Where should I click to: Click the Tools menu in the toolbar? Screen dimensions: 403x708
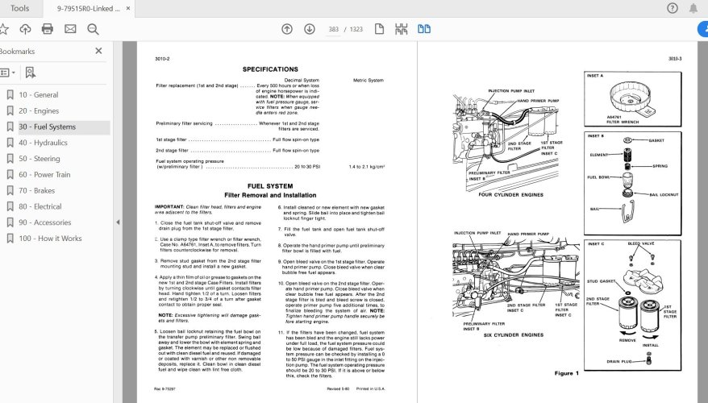[x=20, y=8]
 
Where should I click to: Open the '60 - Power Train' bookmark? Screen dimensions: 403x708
[x=44, y=174]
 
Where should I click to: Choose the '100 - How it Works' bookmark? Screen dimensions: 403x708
[x=50, y=239]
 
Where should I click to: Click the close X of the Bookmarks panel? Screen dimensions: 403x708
[x=99, y=51]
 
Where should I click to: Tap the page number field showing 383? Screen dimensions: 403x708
[x=332, y=29]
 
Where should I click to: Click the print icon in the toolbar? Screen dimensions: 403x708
[x=48, y=29]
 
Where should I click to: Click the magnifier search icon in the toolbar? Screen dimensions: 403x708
[x=93, y=29]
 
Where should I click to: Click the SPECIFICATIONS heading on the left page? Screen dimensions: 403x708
[x=270, y=69]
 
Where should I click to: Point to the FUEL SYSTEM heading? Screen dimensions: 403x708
[x=270, y=186]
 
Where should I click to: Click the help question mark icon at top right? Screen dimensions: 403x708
[x=673, y=8]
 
